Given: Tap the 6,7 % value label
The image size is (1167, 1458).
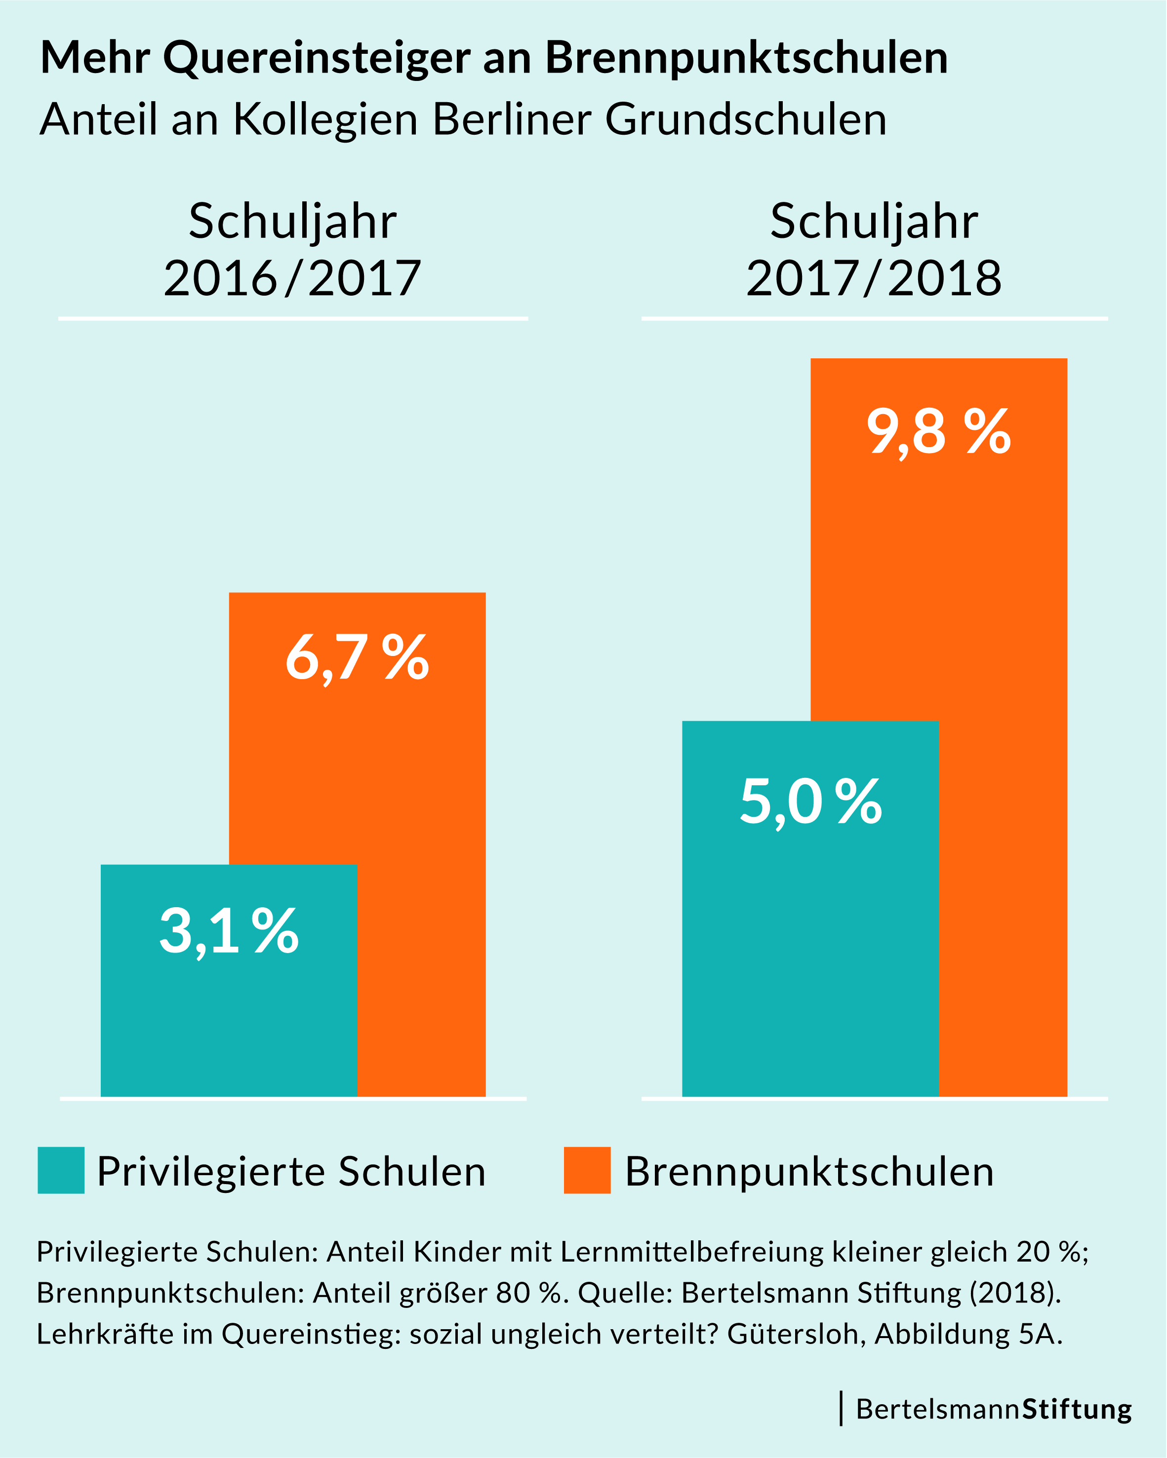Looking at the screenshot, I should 357,657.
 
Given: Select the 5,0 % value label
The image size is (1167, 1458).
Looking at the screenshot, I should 810,802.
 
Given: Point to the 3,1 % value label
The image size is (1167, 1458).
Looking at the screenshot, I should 229,932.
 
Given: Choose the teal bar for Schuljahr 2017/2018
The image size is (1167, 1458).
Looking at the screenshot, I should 810,947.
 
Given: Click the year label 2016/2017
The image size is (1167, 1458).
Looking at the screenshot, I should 292,278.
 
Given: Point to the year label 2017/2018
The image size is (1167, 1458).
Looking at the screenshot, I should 874,278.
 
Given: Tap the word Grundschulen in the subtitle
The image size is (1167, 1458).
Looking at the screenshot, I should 746,120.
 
